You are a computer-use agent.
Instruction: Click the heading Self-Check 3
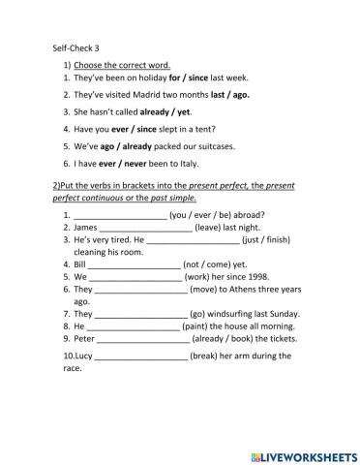pos(77,46)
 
